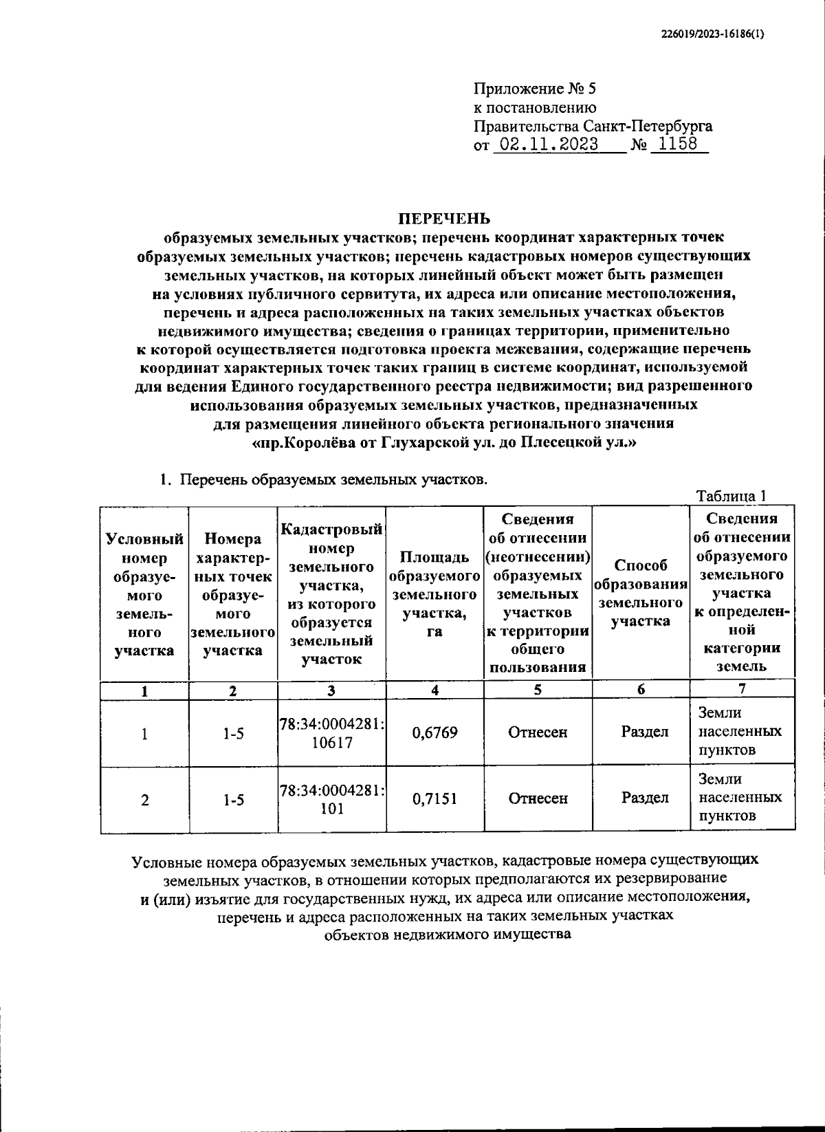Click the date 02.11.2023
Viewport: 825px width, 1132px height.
tap(548, 144)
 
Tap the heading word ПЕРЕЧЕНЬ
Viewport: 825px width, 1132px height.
tap(445, 219)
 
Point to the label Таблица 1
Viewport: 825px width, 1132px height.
tap(731, 496)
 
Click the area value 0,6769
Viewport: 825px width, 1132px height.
tap(434, 732)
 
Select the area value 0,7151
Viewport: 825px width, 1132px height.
tap(434, 798)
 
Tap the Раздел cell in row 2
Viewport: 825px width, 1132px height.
tap(645, 798)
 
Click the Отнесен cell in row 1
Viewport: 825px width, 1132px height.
tap(538, 732)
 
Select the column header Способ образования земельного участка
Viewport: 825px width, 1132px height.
tap(640, 593)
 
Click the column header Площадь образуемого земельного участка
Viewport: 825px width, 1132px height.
tap(434, 594)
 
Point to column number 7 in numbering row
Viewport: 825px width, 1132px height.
tap(741, 688)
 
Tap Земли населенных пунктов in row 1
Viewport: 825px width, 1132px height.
tap(740, 731)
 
